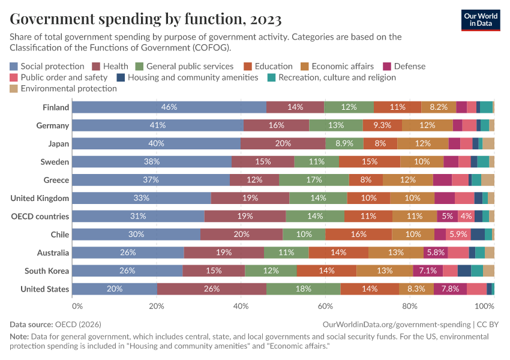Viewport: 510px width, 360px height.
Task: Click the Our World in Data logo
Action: [x=481, y=19]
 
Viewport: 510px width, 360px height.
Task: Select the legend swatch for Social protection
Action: [x=14, y=67]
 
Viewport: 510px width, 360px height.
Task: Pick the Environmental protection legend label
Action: [x=68, y=88]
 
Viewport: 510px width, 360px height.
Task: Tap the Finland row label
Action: [x=56, y=107]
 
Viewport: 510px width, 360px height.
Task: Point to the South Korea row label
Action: [x=47, y=271]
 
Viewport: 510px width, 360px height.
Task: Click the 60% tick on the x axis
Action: [x=325, y=306]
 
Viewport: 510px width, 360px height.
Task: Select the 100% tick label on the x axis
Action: [x=484, y=306]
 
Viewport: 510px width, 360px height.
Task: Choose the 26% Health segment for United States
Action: [x=212, y=289]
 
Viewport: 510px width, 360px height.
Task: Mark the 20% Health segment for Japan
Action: [x=283, y=143]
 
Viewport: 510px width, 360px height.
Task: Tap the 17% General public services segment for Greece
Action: [x=314, y=180]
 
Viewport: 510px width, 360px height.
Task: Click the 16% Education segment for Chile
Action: [x=359, y=234]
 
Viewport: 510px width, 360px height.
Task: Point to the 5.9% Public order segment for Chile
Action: [x=458, y=234]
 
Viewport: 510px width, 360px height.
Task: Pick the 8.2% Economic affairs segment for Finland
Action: [x=439, y=107]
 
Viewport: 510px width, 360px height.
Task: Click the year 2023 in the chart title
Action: [x=263, y=20]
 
